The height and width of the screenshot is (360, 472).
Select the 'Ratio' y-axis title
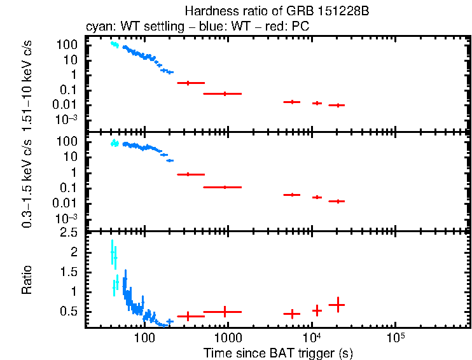pos(27,280)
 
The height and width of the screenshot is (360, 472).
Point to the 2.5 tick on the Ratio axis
pos(70,233)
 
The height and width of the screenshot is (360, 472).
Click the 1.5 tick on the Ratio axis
pos(70,272)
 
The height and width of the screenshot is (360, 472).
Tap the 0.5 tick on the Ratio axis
pos(70,311)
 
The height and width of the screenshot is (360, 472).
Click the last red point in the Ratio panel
pos(337,305)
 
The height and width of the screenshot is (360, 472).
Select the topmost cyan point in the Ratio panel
pos(112,253)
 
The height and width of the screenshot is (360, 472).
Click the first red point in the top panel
pos(188,83)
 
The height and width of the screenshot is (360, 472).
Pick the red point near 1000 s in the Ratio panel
pos(224,312)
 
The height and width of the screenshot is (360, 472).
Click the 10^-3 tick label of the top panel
pos(65,120)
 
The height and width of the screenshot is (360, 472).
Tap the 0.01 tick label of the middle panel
pos(67,203)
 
